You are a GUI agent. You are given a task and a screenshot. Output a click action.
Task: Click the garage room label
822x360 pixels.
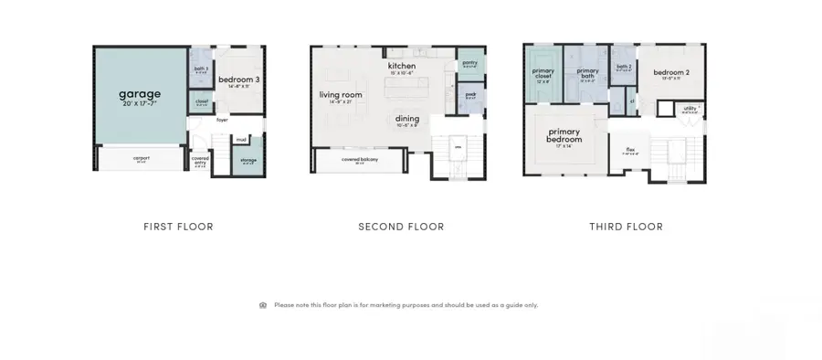pyautogui.click(x=140, y=94)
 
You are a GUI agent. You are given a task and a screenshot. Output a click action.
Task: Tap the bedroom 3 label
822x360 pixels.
pyautogui.click(x=239, y=80)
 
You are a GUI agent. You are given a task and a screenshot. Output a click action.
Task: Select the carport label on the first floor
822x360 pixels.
pyautogui.click(x=141, y=158)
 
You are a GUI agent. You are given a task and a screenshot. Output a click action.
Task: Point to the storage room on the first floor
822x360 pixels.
pyautogui.click(x=248, y=160)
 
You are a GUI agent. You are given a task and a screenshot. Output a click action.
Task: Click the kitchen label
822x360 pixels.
pyautogui.click(x=402, y=67)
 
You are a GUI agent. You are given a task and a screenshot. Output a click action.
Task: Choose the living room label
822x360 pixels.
pyautogui.click(x=341, y=95)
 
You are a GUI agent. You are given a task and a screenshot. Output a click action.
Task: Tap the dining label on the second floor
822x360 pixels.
pyautogui.click(x=407, y=118)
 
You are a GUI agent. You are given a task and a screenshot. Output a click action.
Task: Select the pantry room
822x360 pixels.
pyautogui.click(x=470, y=63)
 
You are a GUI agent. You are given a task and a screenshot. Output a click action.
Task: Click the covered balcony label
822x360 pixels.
pyautogui.click(x=360, y=160)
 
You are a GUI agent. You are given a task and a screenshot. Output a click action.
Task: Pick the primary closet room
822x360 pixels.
pyautogui.click(x=543, y=73)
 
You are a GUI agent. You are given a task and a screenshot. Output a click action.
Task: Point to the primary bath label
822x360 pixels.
pyautogui.click(x=587, y=72)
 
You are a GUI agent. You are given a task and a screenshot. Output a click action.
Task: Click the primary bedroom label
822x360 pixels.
pyautogui.click(x=564, y=135)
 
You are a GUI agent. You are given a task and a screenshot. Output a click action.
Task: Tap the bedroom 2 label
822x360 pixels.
pyautogui.click(x=670, y=71)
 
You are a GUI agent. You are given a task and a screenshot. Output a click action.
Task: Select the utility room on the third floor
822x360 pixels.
pyautogui.click(x=690, y=110)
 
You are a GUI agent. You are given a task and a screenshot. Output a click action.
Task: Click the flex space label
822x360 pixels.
pyautogui.click(x=630, y=150)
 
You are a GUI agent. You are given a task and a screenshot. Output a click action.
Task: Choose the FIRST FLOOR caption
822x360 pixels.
pyautogui.click(x=178, y=227)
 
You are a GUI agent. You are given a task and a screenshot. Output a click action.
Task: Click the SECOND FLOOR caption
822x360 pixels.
pyautogui.click(x=401, y=227)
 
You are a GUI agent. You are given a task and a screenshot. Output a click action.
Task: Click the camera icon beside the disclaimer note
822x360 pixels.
pyautogui.click(x=263, y=305)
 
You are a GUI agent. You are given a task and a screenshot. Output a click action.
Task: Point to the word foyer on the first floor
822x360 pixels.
pyautogui.click(x=222, y=120)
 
